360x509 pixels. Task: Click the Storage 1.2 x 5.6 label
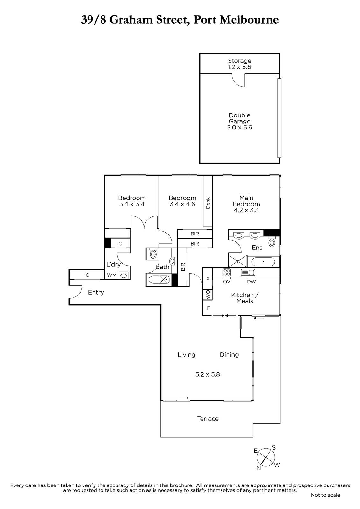tap(239, 64)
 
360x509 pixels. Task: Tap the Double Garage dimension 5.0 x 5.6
tap(239, 128)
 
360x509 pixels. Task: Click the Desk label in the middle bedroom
tap(208, 203)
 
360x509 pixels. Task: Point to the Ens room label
tap(257, 248)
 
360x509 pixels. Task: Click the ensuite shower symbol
tap(238, 261)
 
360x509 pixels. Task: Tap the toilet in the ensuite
tap(272, 242)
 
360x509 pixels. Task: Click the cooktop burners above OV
tap(227, 272)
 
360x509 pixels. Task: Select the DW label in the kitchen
tap(251, 282)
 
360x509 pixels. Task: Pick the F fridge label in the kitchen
tap(208, 308)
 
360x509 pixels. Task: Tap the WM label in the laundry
tap(112, 275)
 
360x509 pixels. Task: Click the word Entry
tap(96, 292)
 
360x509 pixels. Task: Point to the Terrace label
tap(208, 419)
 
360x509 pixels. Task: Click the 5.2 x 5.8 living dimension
tap(208, 374)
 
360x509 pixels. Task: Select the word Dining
tap(229, 355)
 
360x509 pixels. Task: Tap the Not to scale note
tap(325, 495)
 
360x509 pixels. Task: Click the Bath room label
tap(162, 267)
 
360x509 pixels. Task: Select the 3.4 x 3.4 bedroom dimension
tap(132, 204)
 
